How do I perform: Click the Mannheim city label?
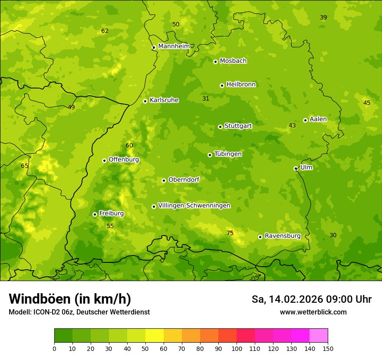coord(174,46)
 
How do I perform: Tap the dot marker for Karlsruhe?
coord(145,101)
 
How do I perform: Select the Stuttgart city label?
coord(238,126)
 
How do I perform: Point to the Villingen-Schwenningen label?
coord(194,206)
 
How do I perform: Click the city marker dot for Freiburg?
coord(95,214)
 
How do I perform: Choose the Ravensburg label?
coord(283,236)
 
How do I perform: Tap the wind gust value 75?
coord(230,233)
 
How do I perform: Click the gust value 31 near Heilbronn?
coord(206,98)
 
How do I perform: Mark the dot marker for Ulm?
coord(296,168)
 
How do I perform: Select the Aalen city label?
coord(318,119)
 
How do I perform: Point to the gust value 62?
coord(105,31)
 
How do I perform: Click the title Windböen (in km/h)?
coord(70,299)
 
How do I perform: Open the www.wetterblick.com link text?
coord(313,312)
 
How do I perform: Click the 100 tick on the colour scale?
coord(237,348)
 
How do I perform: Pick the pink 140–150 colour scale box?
coord(319,336)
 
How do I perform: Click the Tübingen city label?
coord(228,154)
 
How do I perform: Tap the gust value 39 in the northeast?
coord(323,17)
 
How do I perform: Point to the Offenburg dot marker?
coord(104,160)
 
